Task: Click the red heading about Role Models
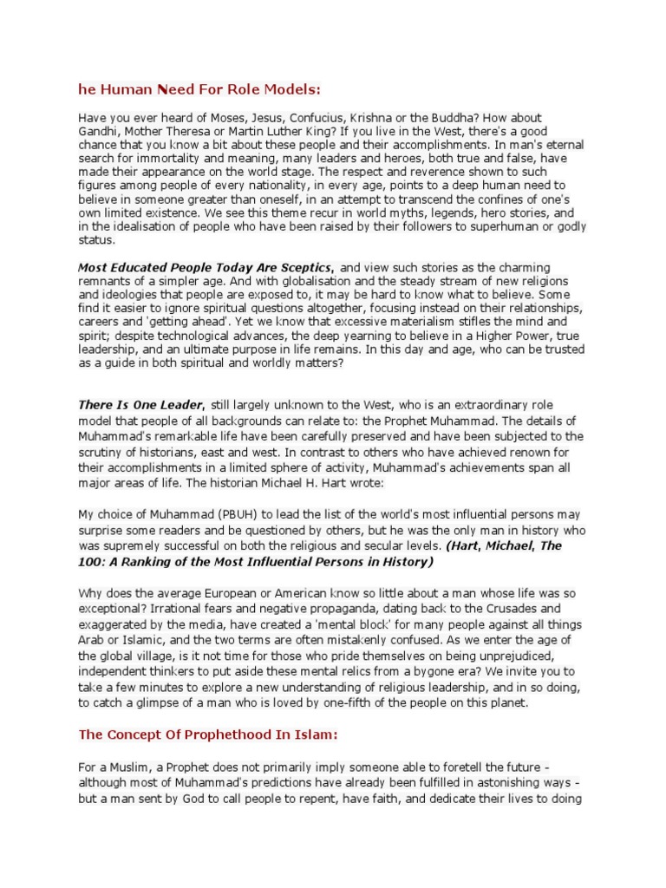click(x=199, y=89)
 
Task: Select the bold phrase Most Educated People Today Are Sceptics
click(x=206, y=268)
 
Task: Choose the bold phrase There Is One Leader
click(x=141, y=405)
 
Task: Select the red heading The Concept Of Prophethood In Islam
click(x=207, y=735)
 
